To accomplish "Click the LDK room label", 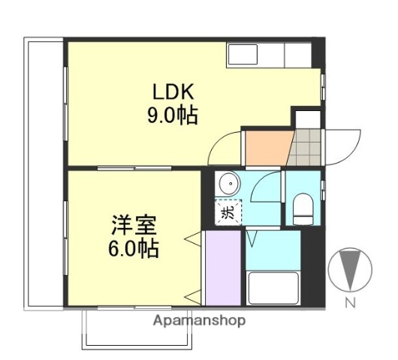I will pyautogui.click(x=174, y=93).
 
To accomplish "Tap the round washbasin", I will pyautogui.click(x=228, y=184).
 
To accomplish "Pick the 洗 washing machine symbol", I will pyautogui.click(x=228, y=211).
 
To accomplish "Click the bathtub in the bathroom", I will pyautogui.click(x=273, y=288).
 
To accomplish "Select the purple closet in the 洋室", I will pyautogui.click(x=222, y=268).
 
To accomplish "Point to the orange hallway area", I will pyautogui.click(x=264, y=146).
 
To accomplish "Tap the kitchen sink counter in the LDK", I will pyautogui.click(x=269, y=54).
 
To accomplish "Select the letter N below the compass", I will pyautogui.click(x=350, y=303).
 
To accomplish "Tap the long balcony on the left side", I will pyautogui.click(x=44, y=172).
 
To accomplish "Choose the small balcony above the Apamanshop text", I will pyautogui.click(x=140, y=330).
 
